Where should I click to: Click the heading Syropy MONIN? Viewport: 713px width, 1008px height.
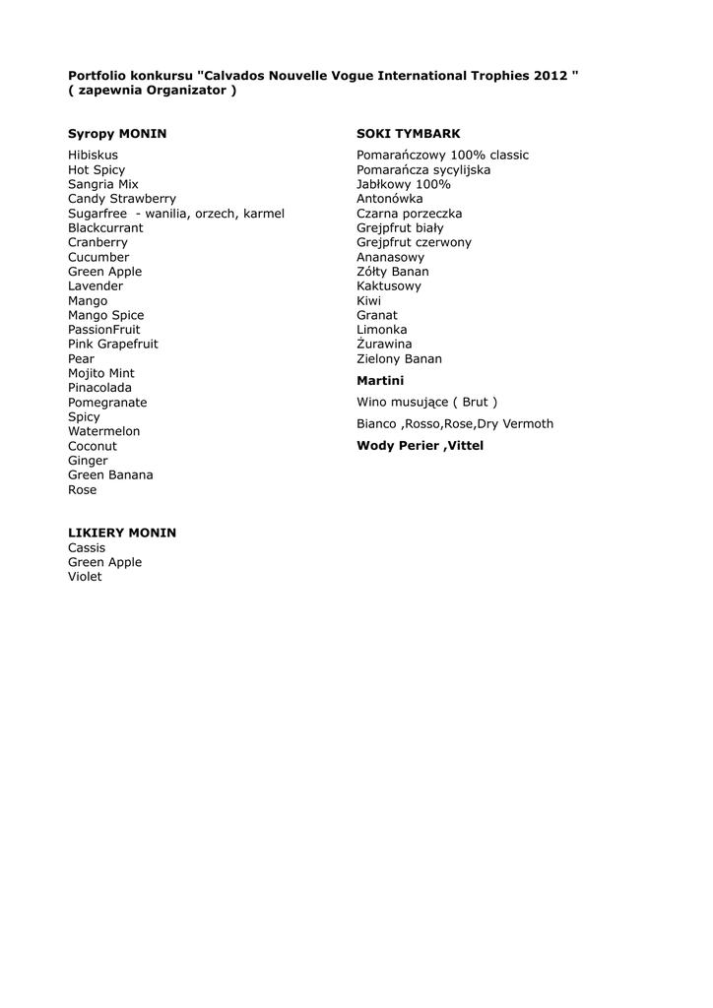click(117, 134)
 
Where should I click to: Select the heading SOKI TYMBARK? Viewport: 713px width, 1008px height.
click(408, 134)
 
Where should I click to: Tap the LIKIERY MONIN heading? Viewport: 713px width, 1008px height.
click(122, 533)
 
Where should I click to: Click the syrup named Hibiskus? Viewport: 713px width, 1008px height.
click(93, 156)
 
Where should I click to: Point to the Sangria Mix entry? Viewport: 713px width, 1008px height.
click(103, 184)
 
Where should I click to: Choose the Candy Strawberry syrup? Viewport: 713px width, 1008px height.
click(122, 199)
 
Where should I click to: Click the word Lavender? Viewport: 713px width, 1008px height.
click(96, 286)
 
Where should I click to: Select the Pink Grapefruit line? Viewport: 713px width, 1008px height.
click(112, 345)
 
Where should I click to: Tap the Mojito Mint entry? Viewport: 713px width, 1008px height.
click(101, 373)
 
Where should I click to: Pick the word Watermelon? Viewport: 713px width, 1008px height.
click(103, 431)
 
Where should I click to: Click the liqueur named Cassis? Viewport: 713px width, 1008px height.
click(87, 547)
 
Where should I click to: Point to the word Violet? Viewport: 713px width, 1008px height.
click(85, 577)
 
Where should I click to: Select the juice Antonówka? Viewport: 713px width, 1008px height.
click(389, 199)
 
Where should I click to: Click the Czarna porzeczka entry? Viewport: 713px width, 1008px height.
click(409, 214)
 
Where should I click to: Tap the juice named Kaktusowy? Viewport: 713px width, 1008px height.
click(388, 286)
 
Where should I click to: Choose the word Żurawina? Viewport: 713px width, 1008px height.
click(384, 345)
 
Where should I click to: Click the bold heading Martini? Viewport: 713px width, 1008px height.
click(380, 381)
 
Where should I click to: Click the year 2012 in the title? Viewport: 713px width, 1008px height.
click(551, 76)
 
